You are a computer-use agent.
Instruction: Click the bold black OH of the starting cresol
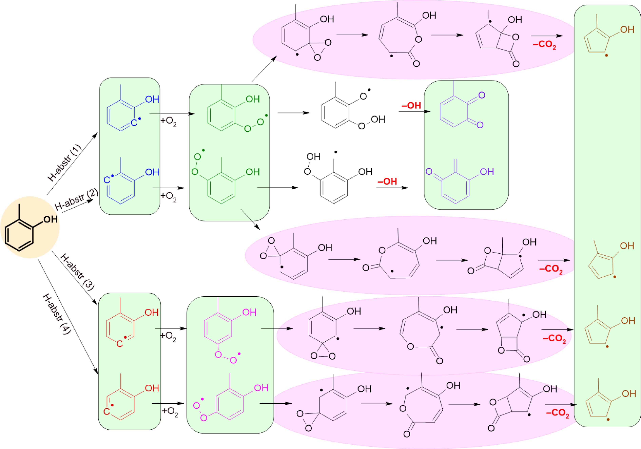[51, 220]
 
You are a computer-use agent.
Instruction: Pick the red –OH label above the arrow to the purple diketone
[411, 106]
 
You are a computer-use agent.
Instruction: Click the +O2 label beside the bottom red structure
[170, 412]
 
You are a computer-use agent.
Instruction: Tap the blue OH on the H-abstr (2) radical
[152, 172]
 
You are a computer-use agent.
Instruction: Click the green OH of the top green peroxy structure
[253, 99]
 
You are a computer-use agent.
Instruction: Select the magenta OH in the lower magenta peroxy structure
[261, 388]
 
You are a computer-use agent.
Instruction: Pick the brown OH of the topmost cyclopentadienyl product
[627, 30]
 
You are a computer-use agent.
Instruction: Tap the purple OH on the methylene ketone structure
[487, 172]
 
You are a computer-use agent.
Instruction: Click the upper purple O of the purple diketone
[482, 95]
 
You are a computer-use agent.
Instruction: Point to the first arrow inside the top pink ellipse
[352, 35]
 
